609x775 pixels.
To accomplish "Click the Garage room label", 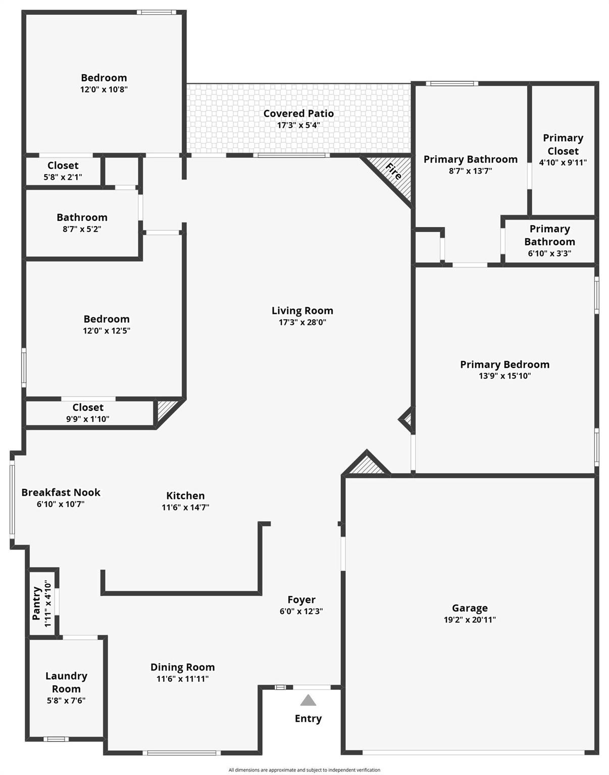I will pyautogui.click(x=470, y=608).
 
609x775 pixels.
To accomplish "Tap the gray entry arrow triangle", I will pyautogui.click(x=308, y=700).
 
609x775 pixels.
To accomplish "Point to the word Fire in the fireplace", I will pyautogui.click(x=393, y=172).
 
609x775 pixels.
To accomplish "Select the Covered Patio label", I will pyautogui.click(x=298, y=114).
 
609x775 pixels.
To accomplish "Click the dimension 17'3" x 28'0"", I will pyautogui.click(x=302, y=322).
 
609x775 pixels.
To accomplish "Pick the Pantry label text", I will pyautogui.click(x=37, y=603).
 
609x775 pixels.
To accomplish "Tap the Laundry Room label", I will pyautogui.click(x=66, y=682).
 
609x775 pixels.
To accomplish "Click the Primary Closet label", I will pyautogui.click(x=563, y=144).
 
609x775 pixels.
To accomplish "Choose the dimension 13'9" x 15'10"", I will pyautogui.click(x=504, y=376).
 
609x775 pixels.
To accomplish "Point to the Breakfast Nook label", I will pyautogui.click(x=61, y=492).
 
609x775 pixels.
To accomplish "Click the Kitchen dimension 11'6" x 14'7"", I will pyautogui.click(x=185, y=508).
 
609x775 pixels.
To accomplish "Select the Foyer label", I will pyautogui.click(x=301, y=599).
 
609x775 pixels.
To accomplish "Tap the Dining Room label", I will pyautogui.click(x=182, y=667).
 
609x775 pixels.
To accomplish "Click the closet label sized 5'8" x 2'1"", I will pyautogui.click(x=63, y=165).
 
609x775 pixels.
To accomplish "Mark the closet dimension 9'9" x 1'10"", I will pyautogui.click(x=88, y=419).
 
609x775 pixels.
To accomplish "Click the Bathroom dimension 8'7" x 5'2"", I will pyautogui.click(x=82, y=229).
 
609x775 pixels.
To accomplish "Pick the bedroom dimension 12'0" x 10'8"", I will pyautogui.click(x=104, y=89).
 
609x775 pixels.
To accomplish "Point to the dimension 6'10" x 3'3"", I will pyautogui.click(x=549, y=253).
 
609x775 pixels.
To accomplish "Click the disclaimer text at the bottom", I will pyautogui.click(x=304, y=770).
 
